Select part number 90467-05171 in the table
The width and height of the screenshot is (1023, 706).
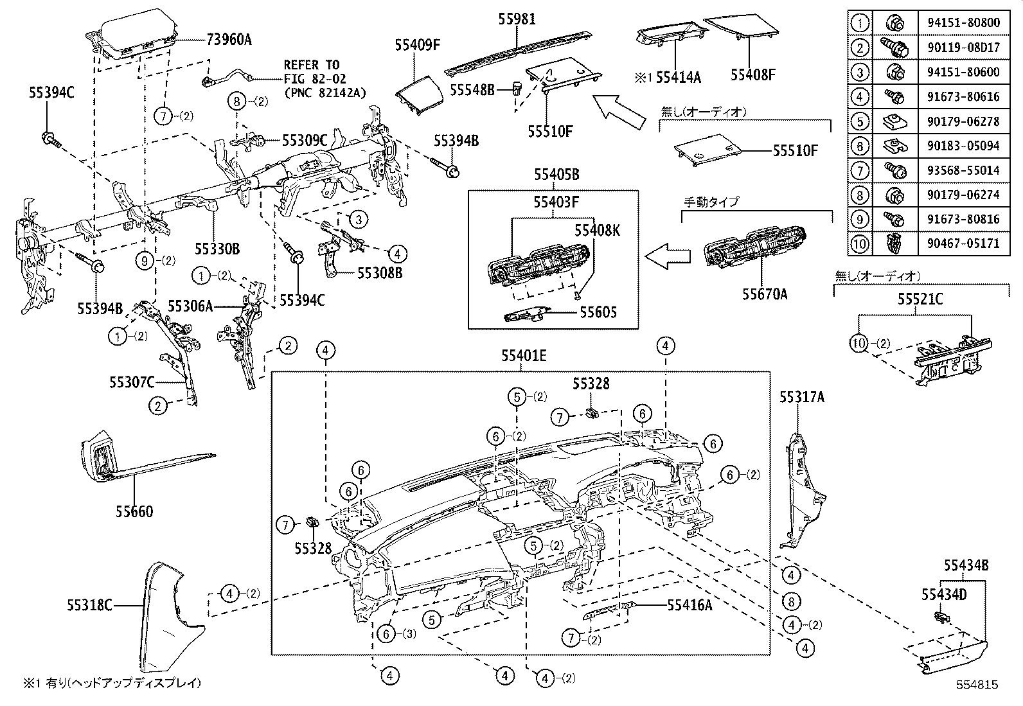pyautogui.click(x=963, y=243)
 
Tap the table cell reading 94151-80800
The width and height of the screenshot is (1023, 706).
pyautogui.click(x=963, y=22)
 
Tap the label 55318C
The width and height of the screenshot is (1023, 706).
pyautogui.click(x=89, y=605)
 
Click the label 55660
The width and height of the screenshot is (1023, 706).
pyautogui.click(x=134, y=512)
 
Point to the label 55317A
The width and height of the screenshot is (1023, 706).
pyautogui.click(x=802, y=398)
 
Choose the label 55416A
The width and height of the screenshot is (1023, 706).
pyautogui.click(x=689, y=605)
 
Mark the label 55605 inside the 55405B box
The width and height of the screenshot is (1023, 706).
pyautogui.click(x=598, y=312)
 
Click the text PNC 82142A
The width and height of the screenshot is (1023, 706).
pyautogui.click(x=325, y=93)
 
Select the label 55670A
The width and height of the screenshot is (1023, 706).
pyautogui.click(x=765, y=295)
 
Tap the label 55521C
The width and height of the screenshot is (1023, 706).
pyautogui.click(x=920, y=299)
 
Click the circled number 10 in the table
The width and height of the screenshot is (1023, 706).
pyautogui.click(x=860, y=243)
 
